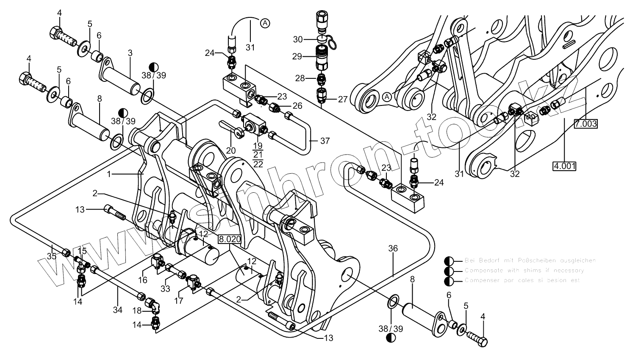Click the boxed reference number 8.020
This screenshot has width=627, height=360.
click(x=230, y=239)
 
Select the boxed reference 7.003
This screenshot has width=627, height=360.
click(x=586, y=124)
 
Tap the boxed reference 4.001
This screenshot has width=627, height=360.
click(x=564, y=166)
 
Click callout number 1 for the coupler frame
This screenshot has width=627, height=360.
click(x=109, y=174)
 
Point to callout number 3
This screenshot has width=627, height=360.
click(x=130, y=53)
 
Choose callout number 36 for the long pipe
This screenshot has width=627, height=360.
click(x=393, y=248)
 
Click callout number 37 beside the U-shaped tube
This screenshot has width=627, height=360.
click(x=325, y=141)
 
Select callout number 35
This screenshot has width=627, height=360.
click(x=52, y=256)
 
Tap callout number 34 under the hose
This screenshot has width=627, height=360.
click(x=117, y=310)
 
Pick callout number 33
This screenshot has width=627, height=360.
click(x=165, y=288)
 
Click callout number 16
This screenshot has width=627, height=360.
click(x=142, y=280)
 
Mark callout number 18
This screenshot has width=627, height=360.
click(x=137, y=310)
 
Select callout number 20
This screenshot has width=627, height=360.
click(x=231, y=151)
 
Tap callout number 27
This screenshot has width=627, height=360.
click(x=342, y=100)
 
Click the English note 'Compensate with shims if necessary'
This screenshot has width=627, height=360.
click(x=524, y=270)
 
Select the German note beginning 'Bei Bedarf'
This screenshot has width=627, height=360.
click(x=530, y=260)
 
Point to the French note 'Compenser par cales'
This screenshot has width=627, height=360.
click(x=522, y=280)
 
